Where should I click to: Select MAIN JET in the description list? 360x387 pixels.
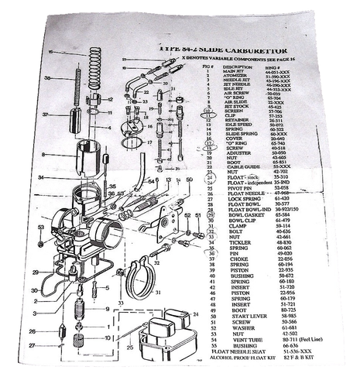tap(238, 71)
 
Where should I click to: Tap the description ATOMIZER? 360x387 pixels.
tap(239, 77)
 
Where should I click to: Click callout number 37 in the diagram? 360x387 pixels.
tap(46, 114)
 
